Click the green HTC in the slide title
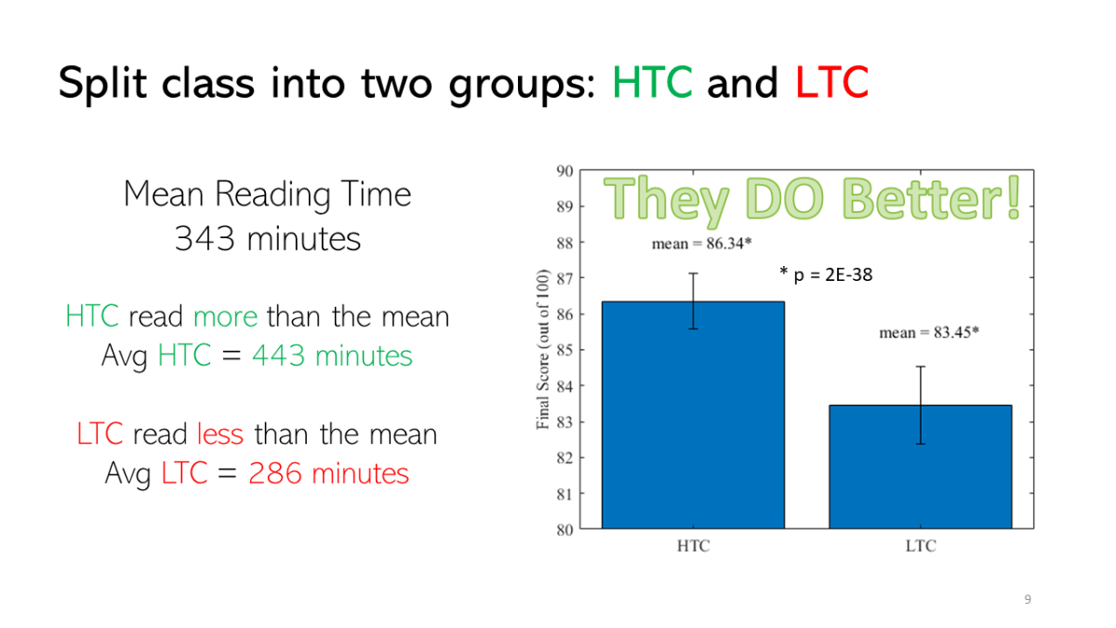652,82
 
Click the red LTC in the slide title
831,82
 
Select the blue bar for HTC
693,415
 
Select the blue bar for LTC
920,466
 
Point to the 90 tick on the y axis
565,171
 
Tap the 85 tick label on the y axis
565,351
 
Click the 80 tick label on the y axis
565,529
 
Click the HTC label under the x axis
693,546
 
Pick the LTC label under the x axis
921,546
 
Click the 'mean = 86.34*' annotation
701,244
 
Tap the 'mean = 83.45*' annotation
929,332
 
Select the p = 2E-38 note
826,274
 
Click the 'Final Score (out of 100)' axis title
542,349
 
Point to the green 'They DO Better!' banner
812,199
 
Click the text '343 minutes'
268,239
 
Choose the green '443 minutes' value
332,355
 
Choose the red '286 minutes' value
329,473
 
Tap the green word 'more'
225,317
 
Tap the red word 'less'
220,434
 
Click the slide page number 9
1028,599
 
